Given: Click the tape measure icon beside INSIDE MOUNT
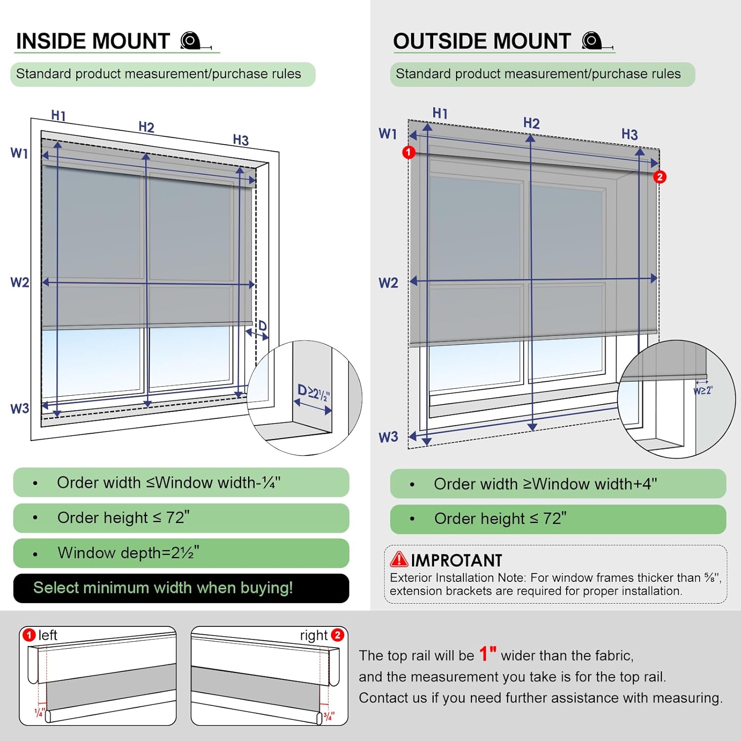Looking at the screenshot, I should click(191, 41).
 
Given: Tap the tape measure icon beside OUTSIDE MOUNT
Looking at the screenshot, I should click(593, 41).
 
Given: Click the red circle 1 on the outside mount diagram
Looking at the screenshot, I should click(409, 152).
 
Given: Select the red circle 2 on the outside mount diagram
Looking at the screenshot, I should click(660, 177).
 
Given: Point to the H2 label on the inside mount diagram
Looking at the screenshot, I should click(146, 127).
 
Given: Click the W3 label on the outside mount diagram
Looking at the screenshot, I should click(388, 437).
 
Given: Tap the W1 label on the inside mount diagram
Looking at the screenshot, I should click(19, 153).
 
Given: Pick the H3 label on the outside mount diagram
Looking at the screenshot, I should click(629, 134).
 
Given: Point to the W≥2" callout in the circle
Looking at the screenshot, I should click(703, 391).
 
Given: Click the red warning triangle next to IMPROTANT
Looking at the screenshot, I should click(399, 559).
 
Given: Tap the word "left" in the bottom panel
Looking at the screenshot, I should click(48, 635).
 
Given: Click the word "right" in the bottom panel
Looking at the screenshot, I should click(314, 635).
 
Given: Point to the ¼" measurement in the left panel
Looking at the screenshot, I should click(39, 712).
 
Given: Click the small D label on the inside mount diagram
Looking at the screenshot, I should click(262, 326).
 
